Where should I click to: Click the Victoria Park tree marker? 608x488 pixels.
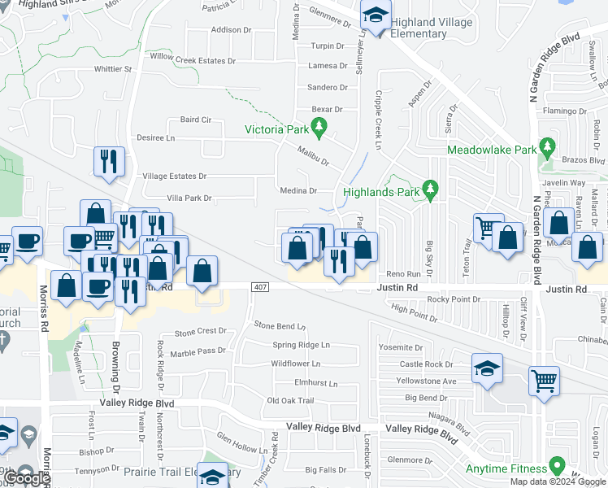320,127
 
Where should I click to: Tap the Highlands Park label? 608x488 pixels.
380,192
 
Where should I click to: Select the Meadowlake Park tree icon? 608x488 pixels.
547,148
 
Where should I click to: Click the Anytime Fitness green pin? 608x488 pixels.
557,466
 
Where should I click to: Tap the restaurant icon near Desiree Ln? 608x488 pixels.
108,161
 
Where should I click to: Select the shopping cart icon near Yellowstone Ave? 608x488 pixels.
544,379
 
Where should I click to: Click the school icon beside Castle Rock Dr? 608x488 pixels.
487,368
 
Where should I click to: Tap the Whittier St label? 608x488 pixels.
112,69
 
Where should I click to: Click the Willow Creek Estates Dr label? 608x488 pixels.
192,60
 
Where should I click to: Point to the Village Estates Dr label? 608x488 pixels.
175,176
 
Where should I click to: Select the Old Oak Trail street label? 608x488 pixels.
290,400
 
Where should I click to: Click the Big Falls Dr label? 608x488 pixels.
326,469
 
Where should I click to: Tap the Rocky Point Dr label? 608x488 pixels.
454,299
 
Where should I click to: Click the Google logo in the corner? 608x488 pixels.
27,478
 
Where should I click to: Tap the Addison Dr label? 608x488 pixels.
231,30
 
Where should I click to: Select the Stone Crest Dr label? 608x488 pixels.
200,331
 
